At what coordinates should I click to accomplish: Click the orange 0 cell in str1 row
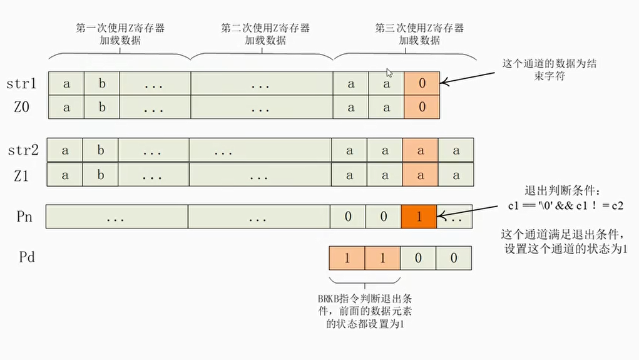[422, 83]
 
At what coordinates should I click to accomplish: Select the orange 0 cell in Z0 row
[422, 107]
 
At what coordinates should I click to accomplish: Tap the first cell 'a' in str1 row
[66, 83]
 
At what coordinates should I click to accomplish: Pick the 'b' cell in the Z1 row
[101, 175]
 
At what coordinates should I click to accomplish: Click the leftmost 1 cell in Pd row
[347, 257]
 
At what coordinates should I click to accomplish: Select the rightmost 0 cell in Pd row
[454, 257]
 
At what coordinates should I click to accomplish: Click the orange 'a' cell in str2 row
[420, 150]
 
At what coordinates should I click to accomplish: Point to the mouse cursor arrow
[389, 73]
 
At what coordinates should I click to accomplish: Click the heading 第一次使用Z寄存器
[121, 28]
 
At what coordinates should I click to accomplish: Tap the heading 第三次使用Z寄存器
[419, 28]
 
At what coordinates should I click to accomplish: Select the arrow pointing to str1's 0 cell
[469, 75]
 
